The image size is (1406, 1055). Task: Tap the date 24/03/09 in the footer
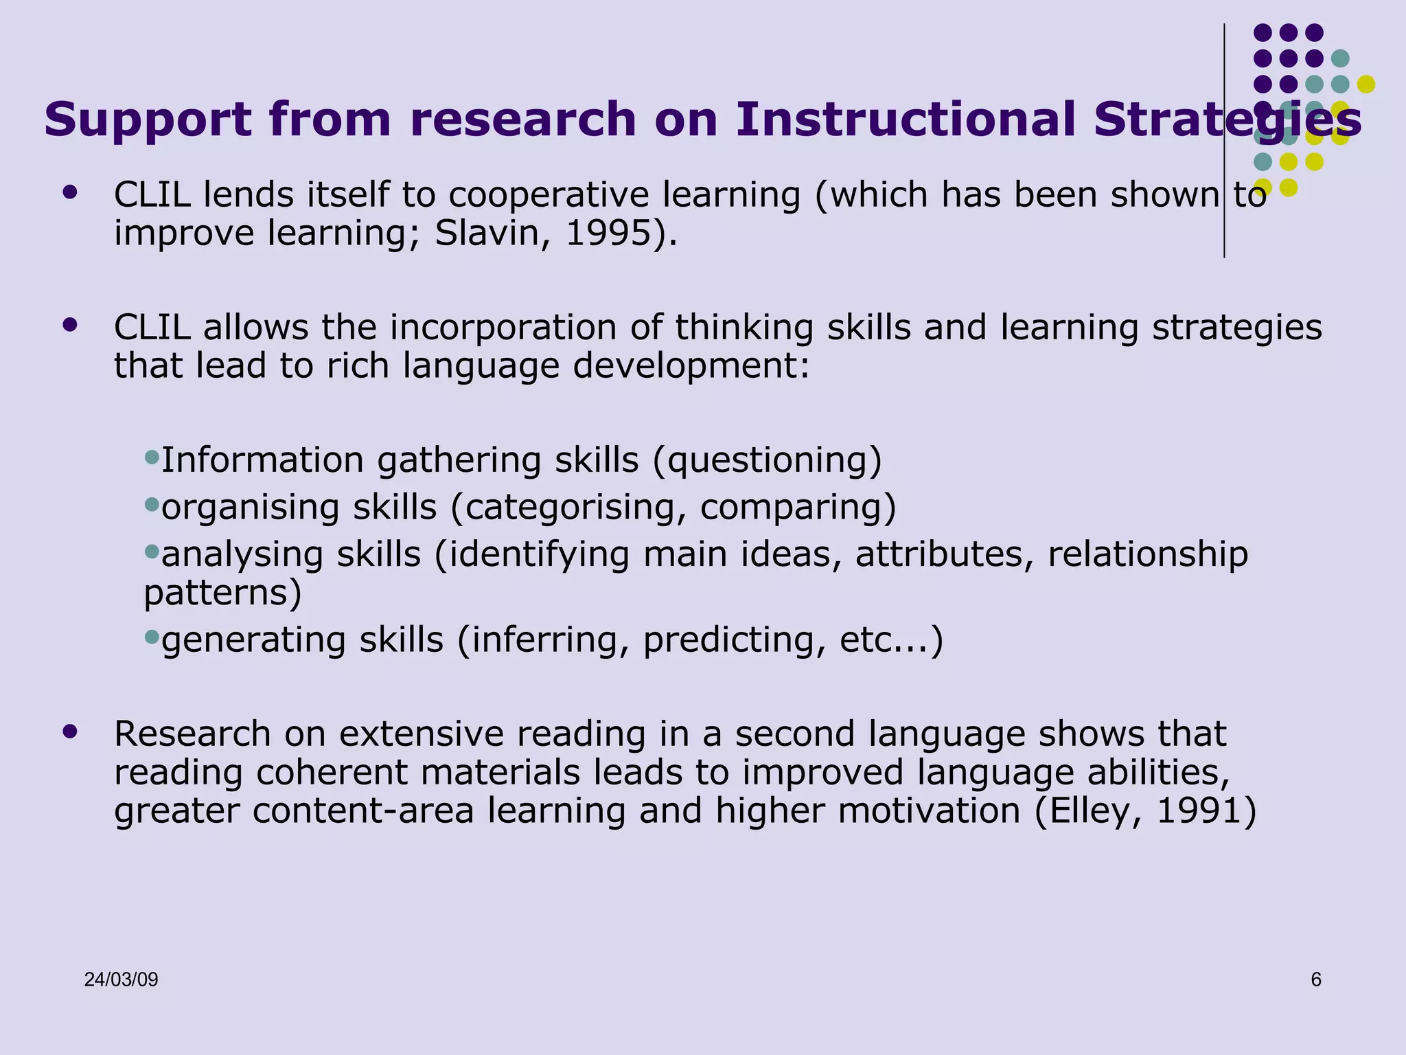click(x=121, y=980)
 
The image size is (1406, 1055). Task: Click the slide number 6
click(x=1315, y=980)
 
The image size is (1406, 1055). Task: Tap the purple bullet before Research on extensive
click(x=69, y=731)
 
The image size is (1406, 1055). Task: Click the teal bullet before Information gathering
click(x=152, y=456)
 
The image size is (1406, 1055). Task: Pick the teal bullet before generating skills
click(x=152, y=636)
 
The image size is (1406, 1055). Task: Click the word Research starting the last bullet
click(x=192, y=734)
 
